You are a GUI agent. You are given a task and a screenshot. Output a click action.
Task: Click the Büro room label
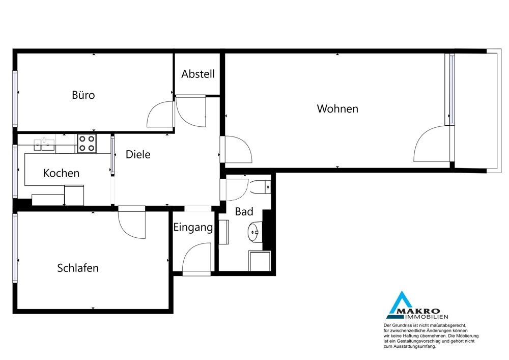[83, 95]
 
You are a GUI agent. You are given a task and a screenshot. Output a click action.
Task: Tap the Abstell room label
[198, 74]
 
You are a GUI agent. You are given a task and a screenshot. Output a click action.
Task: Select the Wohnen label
[337, 109]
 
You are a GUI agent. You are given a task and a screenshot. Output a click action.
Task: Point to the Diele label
[138, 154]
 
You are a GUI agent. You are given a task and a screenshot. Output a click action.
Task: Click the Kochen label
[62, 173]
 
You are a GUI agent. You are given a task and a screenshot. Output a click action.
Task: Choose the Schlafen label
[78, 268]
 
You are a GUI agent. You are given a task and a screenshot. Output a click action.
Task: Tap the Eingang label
[193, 228]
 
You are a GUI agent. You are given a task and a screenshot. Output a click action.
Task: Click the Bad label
[244, 212]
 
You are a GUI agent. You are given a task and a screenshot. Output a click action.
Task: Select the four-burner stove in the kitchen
[87, 144]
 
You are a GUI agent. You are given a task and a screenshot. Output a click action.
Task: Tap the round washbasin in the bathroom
[255, 232]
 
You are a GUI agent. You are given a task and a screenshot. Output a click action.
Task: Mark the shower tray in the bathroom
[260, 261]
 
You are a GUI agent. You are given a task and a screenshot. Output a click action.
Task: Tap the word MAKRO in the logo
[419, 312]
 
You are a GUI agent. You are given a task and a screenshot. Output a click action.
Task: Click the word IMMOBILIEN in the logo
[426, 317]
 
